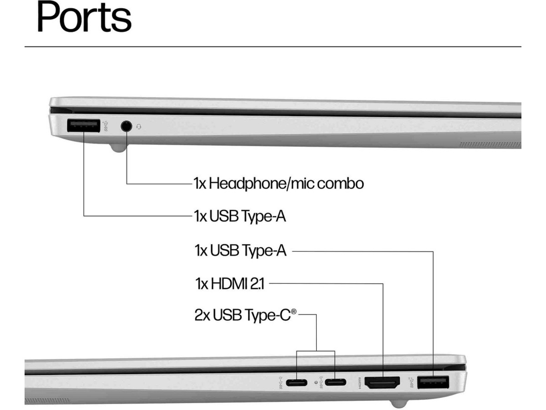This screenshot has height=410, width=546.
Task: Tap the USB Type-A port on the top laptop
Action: pyautogui.click(x=83, y=126)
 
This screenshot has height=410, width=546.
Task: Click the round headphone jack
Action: pyautogui.click(x=126, y=126)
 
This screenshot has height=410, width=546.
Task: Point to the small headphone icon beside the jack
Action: pyautogui.click(x=138, y=126)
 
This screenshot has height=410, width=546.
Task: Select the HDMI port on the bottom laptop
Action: pyautogui.click(x=383, y=382)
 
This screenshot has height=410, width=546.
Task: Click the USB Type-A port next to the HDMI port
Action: pyautogui.click(x=433, y=382)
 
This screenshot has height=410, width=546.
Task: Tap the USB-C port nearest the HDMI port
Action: pyautogui.click(x=335, y=382)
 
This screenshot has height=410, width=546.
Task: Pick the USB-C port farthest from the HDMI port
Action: pyautogui.click(x=296, y=382)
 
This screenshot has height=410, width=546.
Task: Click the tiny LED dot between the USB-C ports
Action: pyautogui.click(x=316, y=382)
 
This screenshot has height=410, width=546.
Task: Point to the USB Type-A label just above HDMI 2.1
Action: pyautogui.click(x=240, y=250)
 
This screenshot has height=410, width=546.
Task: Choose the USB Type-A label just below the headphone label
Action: pyautogui.click(x=240, y=215)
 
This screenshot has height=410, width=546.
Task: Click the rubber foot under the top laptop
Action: pyautogui.click(x=118, y=148)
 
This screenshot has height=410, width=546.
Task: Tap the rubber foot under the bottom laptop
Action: pyautogui.click(x=399, y=404)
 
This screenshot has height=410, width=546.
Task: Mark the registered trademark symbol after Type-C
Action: pyautogui.click(x=294, y=312)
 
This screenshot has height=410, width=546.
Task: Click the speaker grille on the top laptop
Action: pyautogui.click(x=490, y=145)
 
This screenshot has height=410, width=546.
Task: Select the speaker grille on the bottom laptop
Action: pyautogui.click(x=47, y=401)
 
